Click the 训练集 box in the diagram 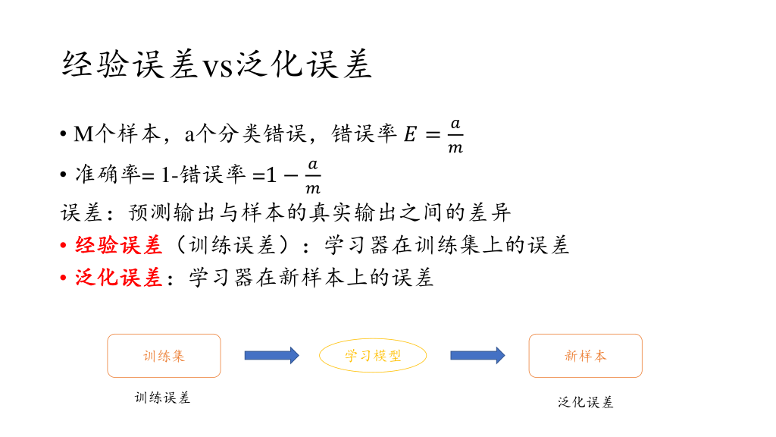click(x=164, y=356)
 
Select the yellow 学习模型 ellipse click(x=373, y=356)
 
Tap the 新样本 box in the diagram click(x=585, y=356)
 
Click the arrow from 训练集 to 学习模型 click(x=271, y=355)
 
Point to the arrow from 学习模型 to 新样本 click(x=477, y=355)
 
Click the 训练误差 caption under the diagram click(x=162, y=398)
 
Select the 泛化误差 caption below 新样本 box click(x=585, y=402)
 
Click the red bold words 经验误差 click(x=119, y=245)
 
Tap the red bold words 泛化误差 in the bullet click(x=119, y=278)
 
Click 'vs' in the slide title click(x=220, y=66)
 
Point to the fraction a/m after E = click(x=455, y=135)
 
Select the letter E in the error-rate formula click(x=409, y=135)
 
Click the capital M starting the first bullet click(x=83, y=135)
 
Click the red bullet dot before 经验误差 click(x=64, y=246)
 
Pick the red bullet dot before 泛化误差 click(x=64, y=278)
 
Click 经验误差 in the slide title click(x=130, y=65)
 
